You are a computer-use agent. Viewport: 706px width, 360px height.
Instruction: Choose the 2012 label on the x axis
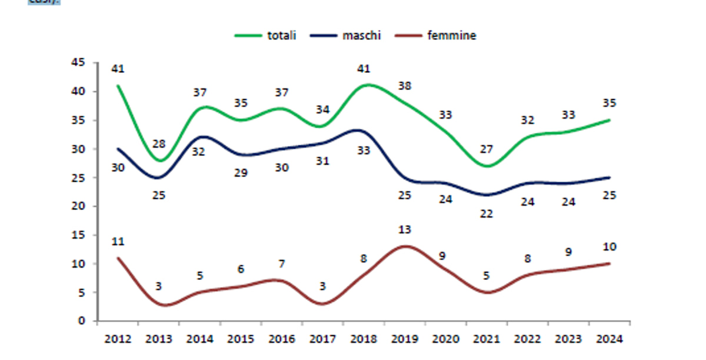click(x=118, y=339)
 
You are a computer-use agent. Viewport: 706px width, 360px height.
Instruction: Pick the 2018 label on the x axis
click(x=364, y=339)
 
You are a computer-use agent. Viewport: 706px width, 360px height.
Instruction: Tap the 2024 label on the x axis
click(x=610, y=339)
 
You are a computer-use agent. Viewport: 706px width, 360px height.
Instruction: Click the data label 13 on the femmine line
click(x=405, y=230)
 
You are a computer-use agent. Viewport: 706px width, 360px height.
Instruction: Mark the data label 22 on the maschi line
click(x=486, y=214)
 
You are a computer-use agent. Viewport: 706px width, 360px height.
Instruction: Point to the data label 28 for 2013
click(x=159, y=144)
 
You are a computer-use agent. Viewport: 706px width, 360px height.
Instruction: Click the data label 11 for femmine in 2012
click(x=118, y=242)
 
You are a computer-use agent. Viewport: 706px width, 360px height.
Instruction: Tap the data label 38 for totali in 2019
click(x=405, y=86)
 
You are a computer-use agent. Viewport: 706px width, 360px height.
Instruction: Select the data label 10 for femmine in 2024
click(x=610, y=247)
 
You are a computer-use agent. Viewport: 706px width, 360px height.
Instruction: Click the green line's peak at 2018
click(x=367, y=85)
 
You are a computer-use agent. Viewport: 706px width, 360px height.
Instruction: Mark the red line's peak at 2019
click(x=405, y=246)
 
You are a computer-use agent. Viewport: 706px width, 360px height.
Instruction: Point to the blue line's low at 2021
click(x=487, y=195)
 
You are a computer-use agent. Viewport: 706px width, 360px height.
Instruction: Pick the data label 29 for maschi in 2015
click(x=241, y=173)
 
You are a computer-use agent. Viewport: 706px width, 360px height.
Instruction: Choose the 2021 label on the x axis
click(x=487, y=339)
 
